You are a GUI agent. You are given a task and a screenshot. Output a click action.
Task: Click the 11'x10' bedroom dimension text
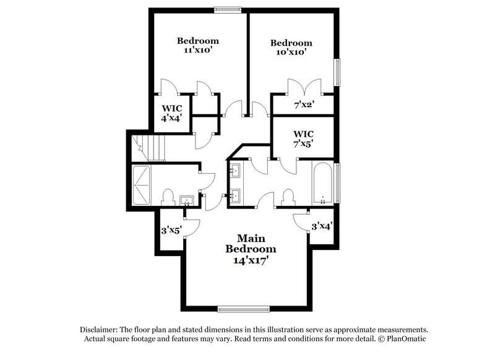(x=198, y=51)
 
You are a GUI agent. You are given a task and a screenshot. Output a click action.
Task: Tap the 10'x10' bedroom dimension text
(x=290, y=53)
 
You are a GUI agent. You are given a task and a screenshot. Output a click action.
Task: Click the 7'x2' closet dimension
(x=304, y=105)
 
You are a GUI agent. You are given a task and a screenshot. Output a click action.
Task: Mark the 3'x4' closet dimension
(x=322, y=227)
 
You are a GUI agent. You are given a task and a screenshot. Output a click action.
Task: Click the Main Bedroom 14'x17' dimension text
(x=251, y=260)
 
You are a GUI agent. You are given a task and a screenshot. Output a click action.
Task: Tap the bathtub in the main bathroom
(x=322, y=183)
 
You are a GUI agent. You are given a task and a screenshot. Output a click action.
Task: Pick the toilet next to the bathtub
(x=286, y=198)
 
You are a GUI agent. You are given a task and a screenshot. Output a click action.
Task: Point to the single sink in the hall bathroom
(x=186, y=200)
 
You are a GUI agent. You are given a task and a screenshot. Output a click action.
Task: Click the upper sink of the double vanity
(x=235, y=169)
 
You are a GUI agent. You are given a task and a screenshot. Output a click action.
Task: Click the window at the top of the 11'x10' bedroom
(x=227, y=9)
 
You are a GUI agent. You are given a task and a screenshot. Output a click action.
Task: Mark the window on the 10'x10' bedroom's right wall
(x=338, y=72)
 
